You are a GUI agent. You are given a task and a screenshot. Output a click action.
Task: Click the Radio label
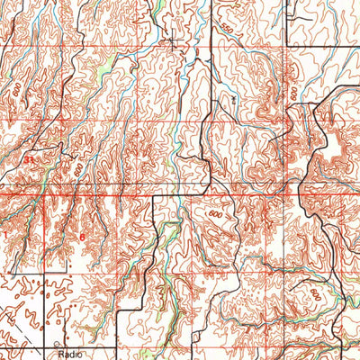tap(69, 355)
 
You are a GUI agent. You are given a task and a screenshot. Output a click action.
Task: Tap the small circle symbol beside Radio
tap(56, 345)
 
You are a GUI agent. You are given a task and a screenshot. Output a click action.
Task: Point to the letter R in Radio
tap(60, 355)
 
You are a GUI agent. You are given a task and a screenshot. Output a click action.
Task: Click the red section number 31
tap(29, 159)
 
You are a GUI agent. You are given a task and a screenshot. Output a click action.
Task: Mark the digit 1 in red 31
tap(31, 159)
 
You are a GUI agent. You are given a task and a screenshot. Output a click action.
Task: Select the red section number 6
tap(82, 238)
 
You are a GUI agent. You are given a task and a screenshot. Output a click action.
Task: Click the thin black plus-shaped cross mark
tap(172, 41)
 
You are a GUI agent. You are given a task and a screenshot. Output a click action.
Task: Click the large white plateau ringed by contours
tap(330, 147)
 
